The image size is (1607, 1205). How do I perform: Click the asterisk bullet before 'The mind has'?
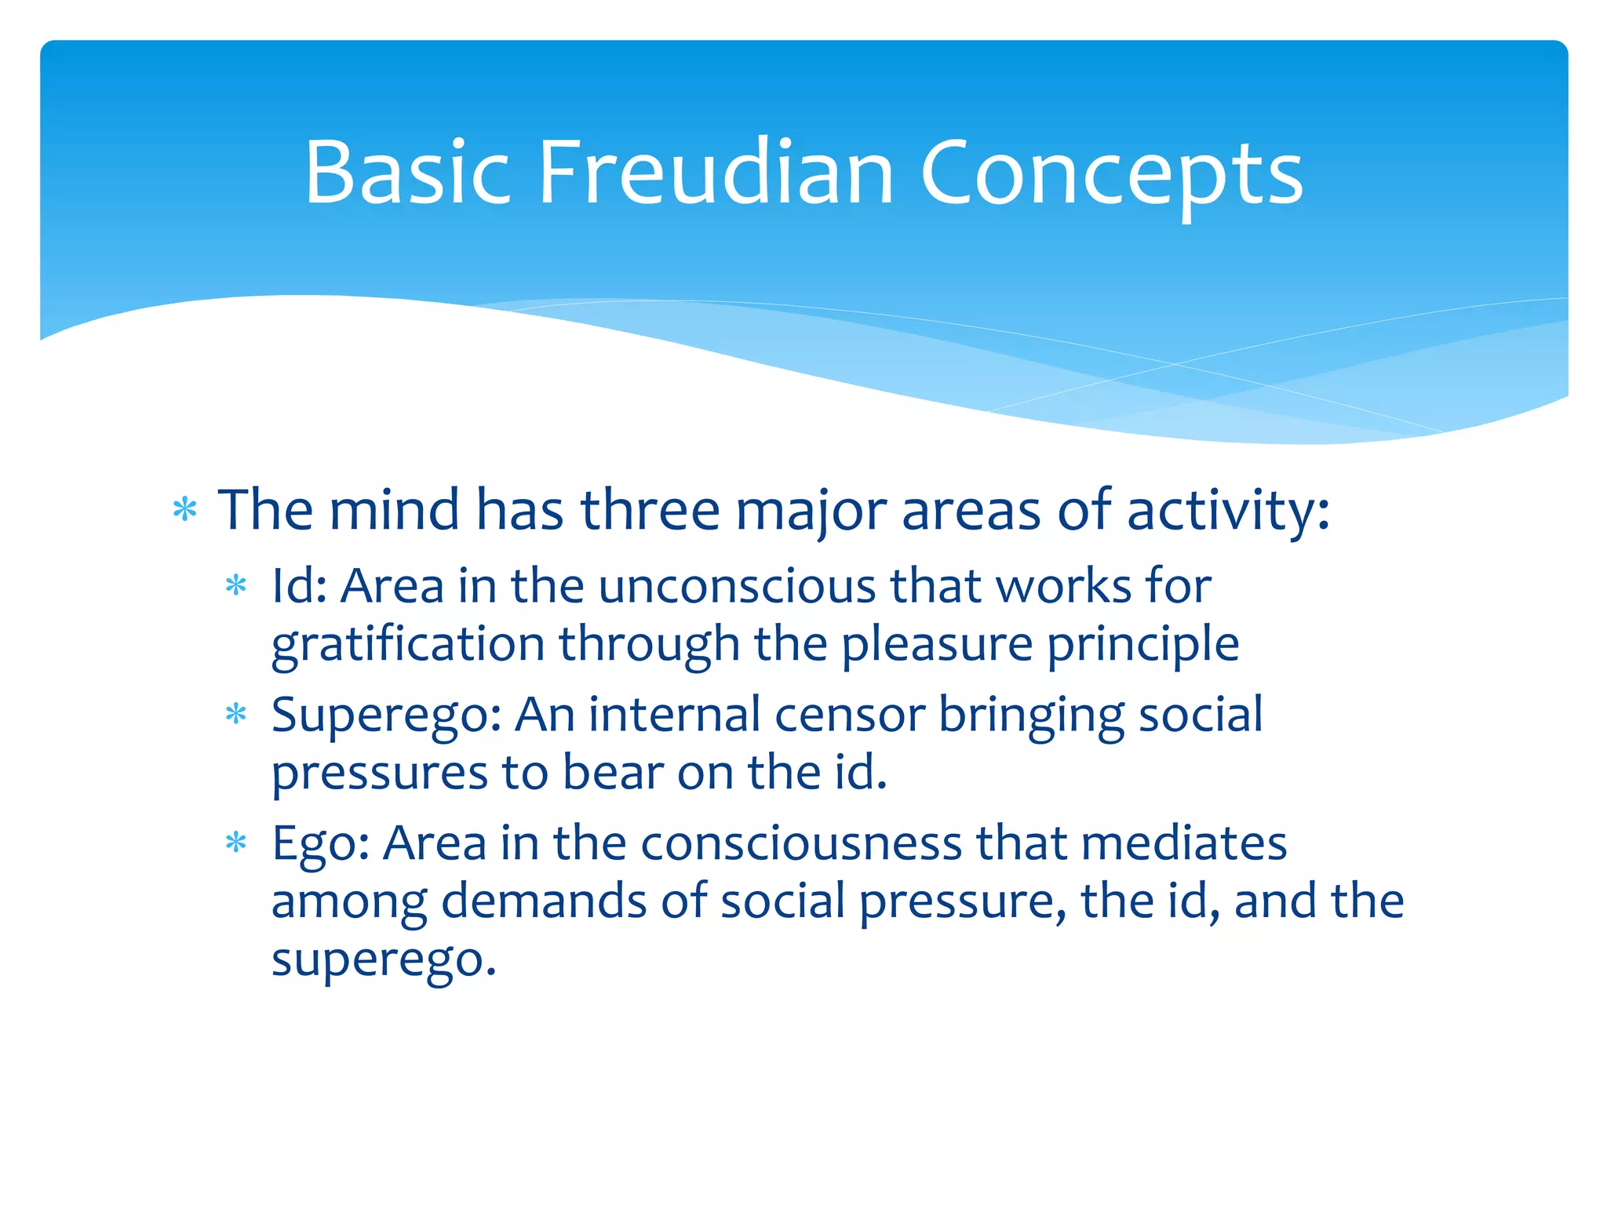(185, 511)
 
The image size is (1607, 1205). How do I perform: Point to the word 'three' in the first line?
(650, 510)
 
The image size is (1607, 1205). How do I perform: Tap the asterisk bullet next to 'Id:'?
(235, 586)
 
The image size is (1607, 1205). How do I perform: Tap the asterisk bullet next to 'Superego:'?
(235, 715)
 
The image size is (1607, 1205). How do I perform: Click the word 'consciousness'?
(800, 844)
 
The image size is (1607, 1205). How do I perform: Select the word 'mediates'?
(1183, 844)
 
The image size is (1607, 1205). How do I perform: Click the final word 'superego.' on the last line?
(384, 960)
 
